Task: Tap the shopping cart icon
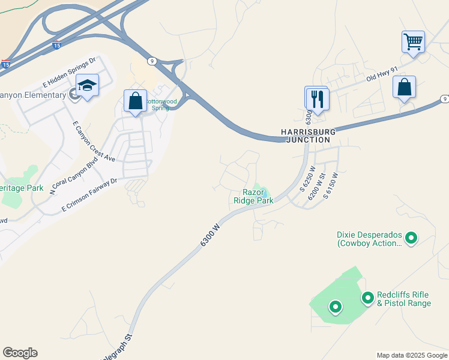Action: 413,42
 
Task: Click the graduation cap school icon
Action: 87,88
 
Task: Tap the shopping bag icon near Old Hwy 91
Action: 404,86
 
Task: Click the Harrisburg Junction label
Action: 306,135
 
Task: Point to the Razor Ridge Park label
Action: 258,196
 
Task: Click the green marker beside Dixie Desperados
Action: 411,239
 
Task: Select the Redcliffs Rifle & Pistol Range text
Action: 403,299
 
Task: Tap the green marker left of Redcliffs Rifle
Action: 336,308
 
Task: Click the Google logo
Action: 20,353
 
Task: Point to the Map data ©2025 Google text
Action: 411,355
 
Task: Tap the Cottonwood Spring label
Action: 160,105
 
